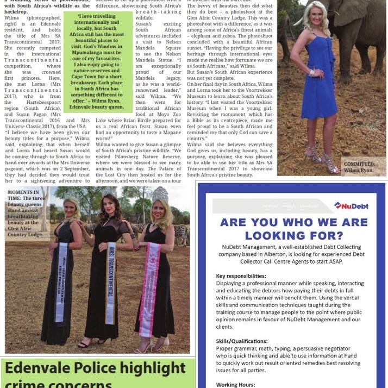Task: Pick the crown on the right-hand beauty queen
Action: [160, 194]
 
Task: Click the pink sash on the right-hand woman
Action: [149, 289]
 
